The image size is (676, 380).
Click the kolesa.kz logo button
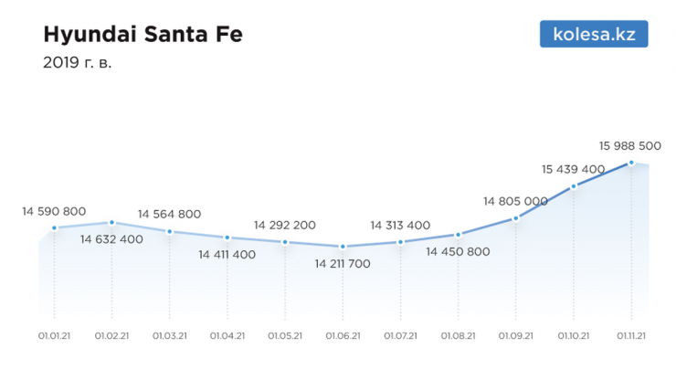594,35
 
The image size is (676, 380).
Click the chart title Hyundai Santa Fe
143,36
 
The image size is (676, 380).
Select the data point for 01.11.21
631,164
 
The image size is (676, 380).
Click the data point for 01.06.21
343,247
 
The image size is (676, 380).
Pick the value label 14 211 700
343,264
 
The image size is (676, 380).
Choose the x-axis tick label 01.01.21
55,336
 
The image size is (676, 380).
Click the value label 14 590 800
54,211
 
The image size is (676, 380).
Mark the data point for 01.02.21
111,222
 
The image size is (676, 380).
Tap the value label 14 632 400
111,239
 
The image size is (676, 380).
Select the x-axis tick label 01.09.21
516,336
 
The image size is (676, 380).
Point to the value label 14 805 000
515,201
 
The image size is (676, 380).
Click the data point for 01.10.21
574,186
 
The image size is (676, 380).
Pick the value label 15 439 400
573,169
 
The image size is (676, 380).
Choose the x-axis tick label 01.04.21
227,336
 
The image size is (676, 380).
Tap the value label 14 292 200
285,225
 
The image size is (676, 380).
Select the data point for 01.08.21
459,235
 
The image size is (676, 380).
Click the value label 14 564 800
170,214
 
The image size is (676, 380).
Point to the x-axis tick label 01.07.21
400,336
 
